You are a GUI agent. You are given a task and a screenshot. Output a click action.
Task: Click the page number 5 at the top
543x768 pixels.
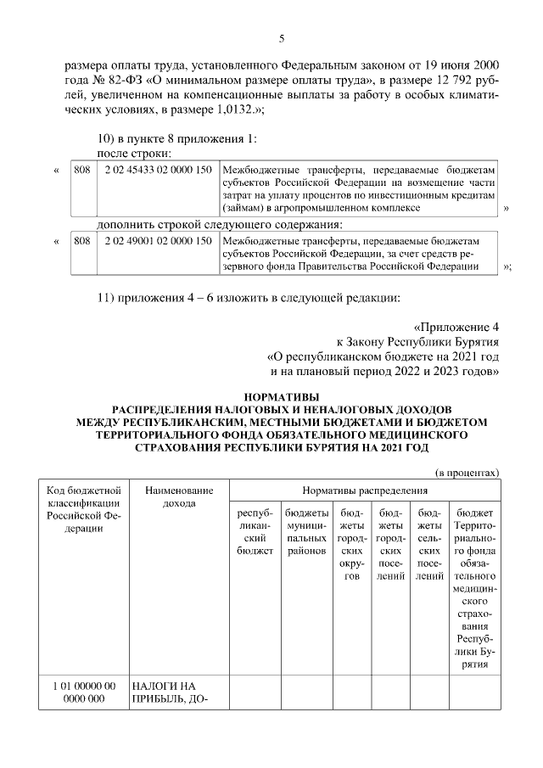280,38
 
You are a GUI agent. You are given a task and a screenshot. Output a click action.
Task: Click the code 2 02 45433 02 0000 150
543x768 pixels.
158,170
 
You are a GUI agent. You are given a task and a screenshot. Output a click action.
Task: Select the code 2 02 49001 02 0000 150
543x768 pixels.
158,241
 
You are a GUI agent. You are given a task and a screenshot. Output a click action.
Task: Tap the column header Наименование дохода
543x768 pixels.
178,497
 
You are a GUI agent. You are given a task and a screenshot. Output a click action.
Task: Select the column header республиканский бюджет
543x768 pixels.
255,532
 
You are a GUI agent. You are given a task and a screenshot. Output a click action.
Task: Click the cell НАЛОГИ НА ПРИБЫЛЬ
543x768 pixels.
170,692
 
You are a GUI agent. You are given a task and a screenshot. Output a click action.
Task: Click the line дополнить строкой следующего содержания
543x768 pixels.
220,225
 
